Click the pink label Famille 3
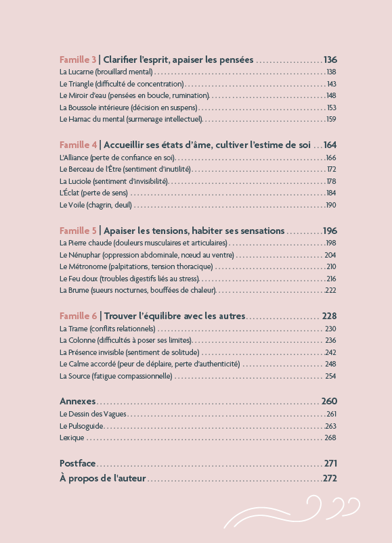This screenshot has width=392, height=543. (x=78, y=60)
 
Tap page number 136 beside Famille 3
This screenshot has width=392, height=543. (x=330, y=60)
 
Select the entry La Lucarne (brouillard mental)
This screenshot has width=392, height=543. (x=106, y=72)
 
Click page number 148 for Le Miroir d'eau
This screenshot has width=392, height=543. (x=331, y=95)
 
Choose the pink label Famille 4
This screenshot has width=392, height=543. (x=78, y=145)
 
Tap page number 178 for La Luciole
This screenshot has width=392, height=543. (x=331, y=181)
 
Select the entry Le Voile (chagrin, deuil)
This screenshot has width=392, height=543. (x=96, y=205)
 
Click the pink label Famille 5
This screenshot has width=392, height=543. (x=78, y=231)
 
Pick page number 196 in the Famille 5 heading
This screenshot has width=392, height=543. (x=330, y=231)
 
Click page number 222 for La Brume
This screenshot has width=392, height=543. (x=331, y=290)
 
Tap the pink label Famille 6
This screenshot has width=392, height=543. (x=78, y=316)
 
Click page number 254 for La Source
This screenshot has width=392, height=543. (x=331, y=376)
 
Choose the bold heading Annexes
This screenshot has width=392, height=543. (x=78, y=400)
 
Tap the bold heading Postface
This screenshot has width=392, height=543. (x=78, y=464)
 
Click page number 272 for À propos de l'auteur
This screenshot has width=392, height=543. (x=330, y=479)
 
